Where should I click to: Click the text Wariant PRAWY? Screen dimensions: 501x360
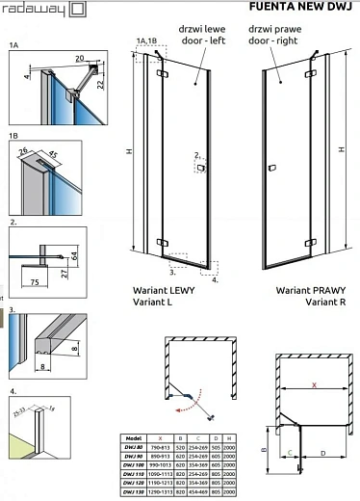306,289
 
